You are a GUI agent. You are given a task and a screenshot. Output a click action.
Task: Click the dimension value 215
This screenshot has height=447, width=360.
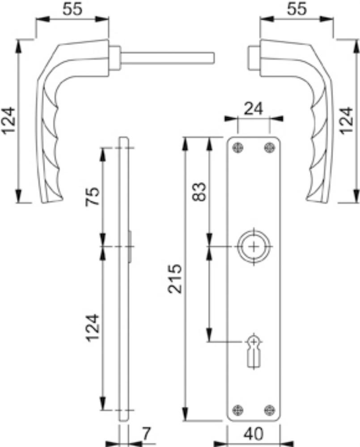(175, 279)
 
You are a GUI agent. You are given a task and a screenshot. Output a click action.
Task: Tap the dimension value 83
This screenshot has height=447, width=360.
(199, 192)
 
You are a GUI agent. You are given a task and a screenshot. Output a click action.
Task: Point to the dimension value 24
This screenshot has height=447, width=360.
(253, 109)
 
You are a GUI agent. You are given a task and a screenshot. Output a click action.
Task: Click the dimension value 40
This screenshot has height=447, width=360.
(254, 434)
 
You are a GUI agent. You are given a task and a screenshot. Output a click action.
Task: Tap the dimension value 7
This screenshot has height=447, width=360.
(146, 434)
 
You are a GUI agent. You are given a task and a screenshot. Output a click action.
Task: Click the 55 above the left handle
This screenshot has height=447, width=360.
(72, 9)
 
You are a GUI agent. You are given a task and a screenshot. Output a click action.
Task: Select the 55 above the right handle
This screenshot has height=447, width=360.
(296, 9)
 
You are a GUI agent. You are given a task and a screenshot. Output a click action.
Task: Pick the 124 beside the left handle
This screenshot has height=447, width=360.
(8, 120)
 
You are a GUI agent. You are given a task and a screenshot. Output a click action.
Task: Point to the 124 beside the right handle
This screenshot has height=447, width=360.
(347, 121)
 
